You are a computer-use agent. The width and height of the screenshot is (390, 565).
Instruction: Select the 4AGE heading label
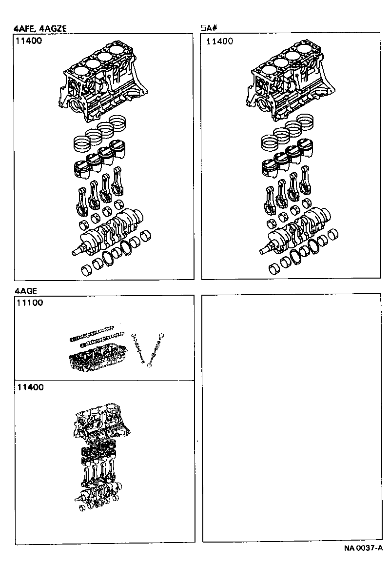pos(26,291)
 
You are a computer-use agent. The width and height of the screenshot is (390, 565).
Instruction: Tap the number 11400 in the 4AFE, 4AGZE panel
pos(29,41)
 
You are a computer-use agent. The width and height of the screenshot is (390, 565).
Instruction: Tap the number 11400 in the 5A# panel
pos(219,41)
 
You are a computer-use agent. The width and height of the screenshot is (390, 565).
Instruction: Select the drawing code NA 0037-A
pos(363,548)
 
